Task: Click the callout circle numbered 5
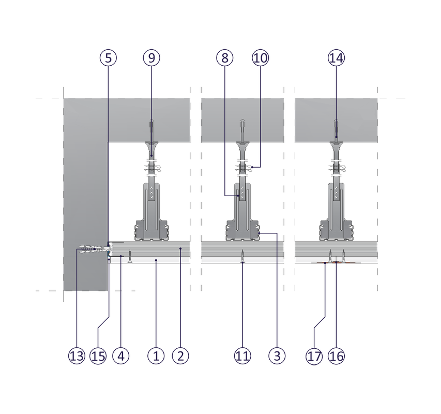[108, 58]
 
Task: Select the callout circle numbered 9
[151, 58]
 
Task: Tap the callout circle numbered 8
[224, 58]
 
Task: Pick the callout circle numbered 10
[261, 58]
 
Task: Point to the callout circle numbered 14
[336, 58]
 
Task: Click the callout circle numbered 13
[76, 356]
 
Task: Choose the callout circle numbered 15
[98, 356]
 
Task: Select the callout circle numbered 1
[156, 356]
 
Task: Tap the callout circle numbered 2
[181, 356]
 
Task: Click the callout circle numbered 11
[242, 356]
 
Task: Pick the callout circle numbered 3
[277, 356]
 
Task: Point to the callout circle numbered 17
[314, 356]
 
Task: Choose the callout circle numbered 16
[336, 356]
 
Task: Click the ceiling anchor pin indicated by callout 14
[336, 129]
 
